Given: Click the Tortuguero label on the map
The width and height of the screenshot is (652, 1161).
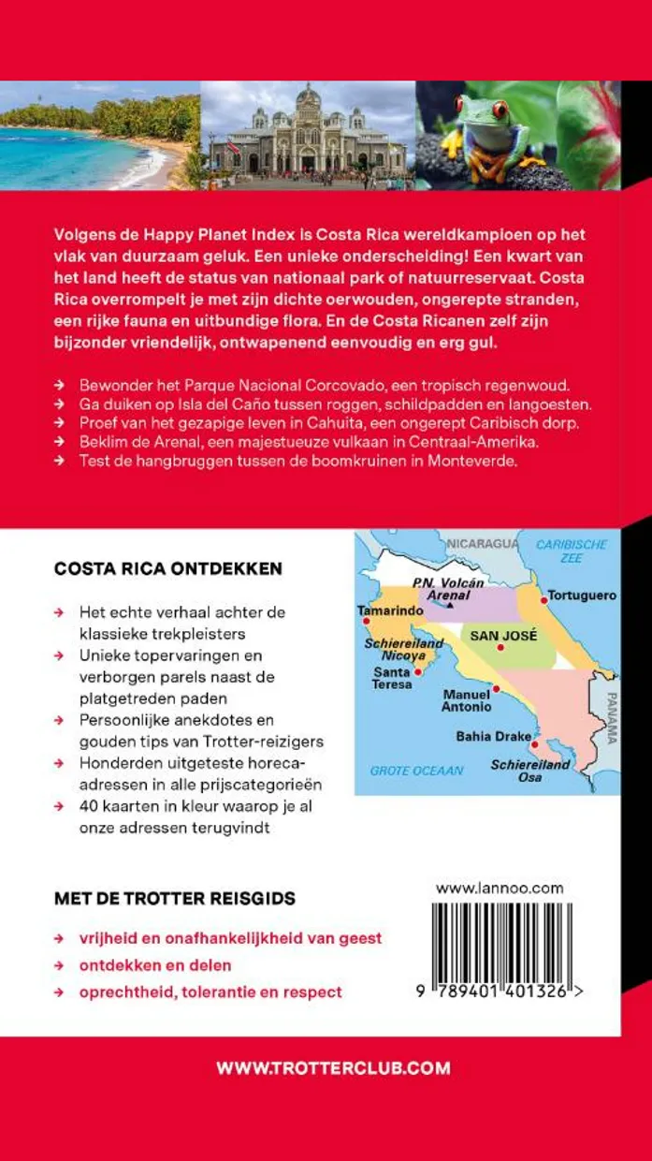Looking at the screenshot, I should [x=581, y=595].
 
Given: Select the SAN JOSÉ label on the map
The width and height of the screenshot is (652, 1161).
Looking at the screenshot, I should [x=503, y=636].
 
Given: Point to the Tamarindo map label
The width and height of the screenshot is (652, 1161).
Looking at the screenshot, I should [x=385, y=610].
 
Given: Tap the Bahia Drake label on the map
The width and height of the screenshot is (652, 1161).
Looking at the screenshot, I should [x=486, y=736].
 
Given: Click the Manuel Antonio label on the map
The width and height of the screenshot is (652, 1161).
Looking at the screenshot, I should [x=466, y=700].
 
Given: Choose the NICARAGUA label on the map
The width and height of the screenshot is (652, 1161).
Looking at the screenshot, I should [x=481, y=544].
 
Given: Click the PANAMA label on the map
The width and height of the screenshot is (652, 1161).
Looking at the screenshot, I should [x=612, y=717].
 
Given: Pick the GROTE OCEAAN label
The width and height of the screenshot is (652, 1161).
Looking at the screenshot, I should [x=416, y=771].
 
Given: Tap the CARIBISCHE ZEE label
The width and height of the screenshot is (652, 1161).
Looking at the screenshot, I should [x=572, y=551].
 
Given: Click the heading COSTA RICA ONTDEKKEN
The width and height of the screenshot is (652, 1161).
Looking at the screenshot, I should [x=168, y=568].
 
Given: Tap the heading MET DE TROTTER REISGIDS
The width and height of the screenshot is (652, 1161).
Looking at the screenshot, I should [x=175, y=899].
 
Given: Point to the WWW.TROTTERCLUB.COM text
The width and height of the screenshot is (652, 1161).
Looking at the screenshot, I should [x=333, y=1067].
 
